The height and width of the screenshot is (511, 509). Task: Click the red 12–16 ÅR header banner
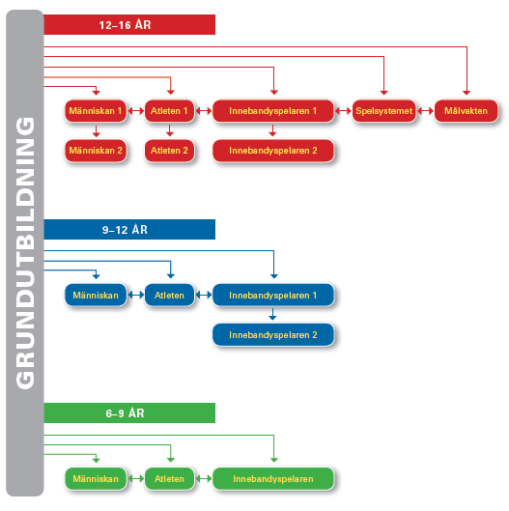129,24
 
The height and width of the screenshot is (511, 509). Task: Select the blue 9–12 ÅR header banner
129,230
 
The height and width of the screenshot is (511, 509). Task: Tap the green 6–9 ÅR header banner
129,412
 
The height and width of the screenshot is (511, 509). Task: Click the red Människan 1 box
96,111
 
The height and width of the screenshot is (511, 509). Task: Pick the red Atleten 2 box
169,151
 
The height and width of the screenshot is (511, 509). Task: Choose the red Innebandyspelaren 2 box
273,151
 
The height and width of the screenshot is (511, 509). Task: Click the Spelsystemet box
384,111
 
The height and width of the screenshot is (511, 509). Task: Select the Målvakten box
466,111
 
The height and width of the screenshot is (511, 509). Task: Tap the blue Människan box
96,296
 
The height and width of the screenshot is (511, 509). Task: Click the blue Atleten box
169,296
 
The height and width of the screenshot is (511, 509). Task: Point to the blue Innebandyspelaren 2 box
273,335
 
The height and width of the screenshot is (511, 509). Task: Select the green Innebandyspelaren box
273,479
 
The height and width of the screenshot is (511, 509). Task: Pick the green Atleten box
169,479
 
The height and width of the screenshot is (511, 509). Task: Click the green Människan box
96,479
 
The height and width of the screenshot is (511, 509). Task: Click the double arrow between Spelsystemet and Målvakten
425,111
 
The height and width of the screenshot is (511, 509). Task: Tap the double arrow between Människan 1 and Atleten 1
136,111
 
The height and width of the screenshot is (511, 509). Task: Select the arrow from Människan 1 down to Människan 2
96,130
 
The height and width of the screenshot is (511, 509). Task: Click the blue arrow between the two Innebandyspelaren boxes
273,314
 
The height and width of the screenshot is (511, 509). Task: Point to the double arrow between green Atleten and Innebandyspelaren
204,479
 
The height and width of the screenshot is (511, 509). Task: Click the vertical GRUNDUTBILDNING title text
25,253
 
